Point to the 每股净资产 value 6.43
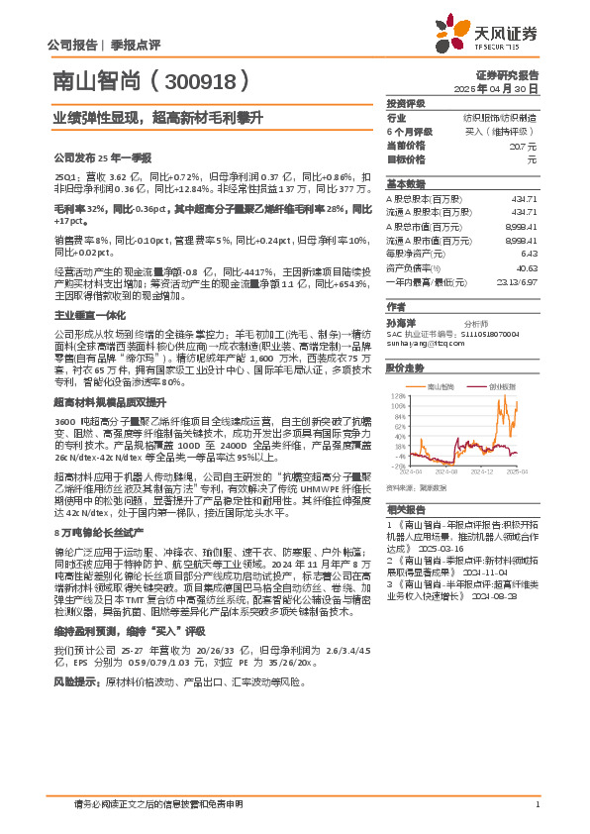coord(529,254)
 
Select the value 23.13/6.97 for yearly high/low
coord(517,281)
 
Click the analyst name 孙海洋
coord(400,323)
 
